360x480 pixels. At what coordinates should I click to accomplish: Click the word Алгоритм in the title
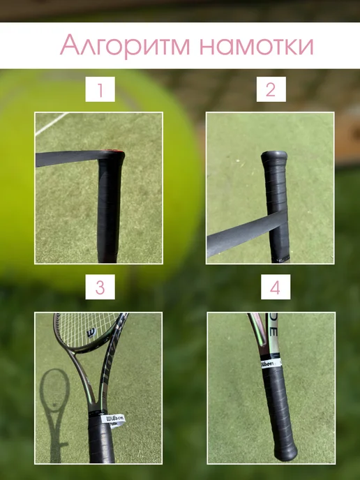(x=125, y=45)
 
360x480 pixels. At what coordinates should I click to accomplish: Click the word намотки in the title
(x=257, y=45)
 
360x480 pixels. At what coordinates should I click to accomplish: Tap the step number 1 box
(x=100, y=89)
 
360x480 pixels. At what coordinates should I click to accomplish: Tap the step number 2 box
(x=271, y=89)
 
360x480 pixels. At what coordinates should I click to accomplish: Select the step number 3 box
(x=100, y=287)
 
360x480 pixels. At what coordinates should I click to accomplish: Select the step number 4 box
(x=276, y=287)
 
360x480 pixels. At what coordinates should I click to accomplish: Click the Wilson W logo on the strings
(x=91, y=333)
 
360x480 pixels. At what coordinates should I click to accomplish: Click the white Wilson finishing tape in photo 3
(x=114, y=420)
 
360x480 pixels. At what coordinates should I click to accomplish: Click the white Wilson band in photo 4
(x=271, y=363)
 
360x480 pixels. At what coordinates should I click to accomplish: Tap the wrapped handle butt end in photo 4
(x=286, y=453)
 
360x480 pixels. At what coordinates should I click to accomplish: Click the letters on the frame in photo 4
(x=273, y=328)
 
